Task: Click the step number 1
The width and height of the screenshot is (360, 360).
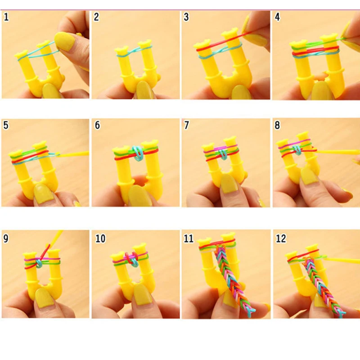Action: [6, 18]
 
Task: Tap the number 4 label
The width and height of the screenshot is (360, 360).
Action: [277, 18]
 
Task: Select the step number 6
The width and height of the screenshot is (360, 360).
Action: [97, 126]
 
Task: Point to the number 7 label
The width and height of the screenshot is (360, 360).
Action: [187, 126]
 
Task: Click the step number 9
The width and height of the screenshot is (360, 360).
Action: [6, 238]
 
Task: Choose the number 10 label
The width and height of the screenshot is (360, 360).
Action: [100, 238]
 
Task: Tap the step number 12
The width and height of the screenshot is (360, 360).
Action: [280, 238]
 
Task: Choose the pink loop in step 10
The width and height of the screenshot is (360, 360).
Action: [130, 259]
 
